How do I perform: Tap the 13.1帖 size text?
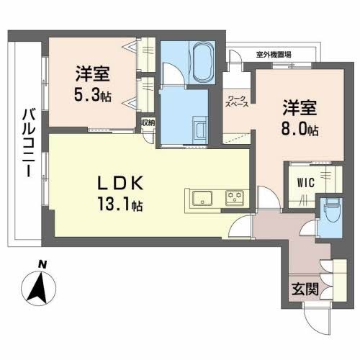[x=120, y=205]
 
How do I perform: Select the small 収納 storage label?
[x=148, y=123]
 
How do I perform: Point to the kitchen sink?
[x=201, y=197]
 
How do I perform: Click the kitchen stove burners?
[x=235, y=197]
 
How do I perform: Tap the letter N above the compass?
[x=41, y=264]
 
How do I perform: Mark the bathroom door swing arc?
[x=172, y=72]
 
